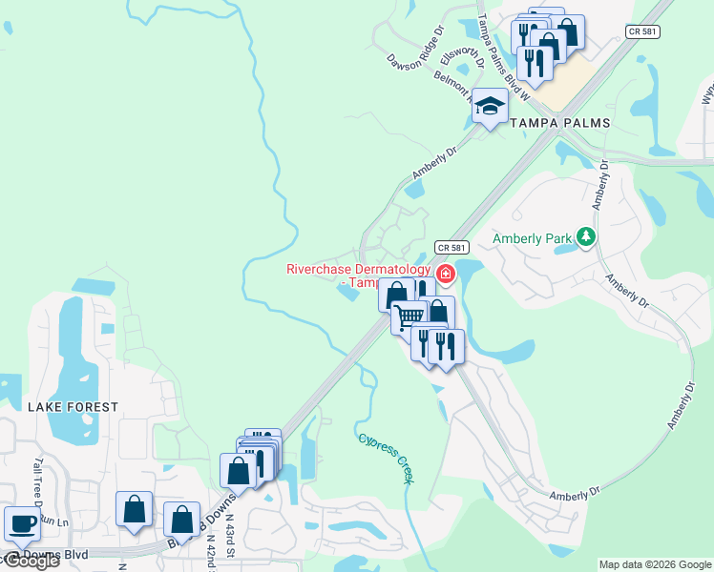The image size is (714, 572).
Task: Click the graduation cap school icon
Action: tap(490, 107)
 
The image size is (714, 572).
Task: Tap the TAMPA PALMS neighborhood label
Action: tap(560, 124)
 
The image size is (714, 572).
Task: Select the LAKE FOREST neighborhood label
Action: tap(73, 407)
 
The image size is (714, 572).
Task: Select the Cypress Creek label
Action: tap(387, 459)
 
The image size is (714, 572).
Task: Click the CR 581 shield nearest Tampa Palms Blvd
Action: tap(641, 31)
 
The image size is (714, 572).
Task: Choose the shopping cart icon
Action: tap(409, 315)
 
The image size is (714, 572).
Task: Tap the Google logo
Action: tap(31, 561)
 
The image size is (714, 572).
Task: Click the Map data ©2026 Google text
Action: tap(654, 564)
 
